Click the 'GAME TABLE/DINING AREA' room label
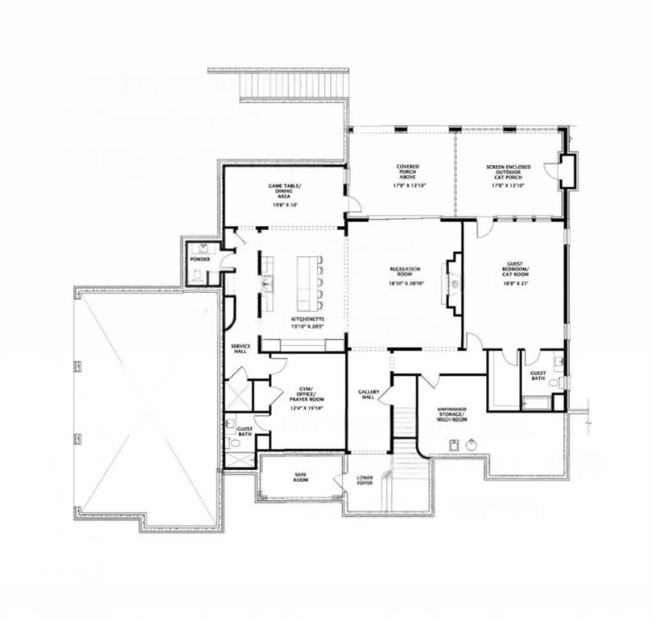284,191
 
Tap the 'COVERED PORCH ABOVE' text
407,171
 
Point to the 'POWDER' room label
200,259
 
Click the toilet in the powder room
198,275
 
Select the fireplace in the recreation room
454,283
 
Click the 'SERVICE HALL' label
241,348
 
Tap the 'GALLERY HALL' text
368,394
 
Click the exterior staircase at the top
294,84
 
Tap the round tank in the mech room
472,444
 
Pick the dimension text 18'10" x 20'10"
406,284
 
